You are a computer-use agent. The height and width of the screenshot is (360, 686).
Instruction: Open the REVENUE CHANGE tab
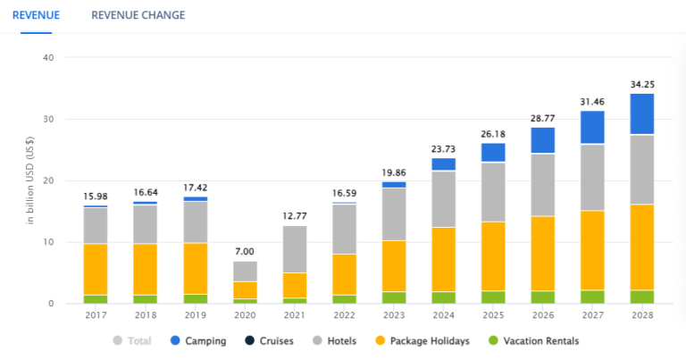coord(138,15)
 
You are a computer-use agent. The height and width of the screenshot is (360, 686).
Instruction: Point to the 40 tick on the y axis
coord(48,58)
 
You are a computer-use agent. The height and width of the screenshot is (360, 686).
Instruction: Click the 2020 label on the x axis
coord(245,314)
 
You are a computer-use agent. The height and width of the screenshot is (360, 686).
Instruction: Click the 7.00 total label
coord(245,252)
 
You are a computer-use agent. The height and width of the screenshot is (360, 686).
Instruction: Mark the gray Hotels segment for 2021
coord(294,249)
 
